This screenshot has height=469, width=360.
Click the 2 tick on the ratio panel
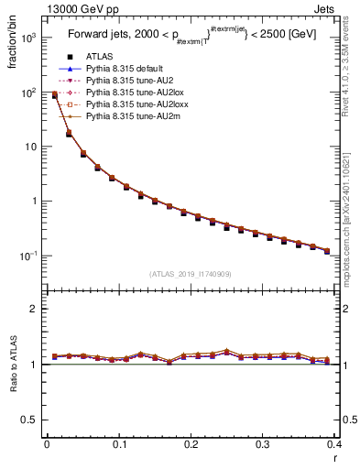pos(35,309)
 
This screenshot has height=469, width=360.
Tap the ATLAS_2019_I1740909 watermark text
pos(191,274)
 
